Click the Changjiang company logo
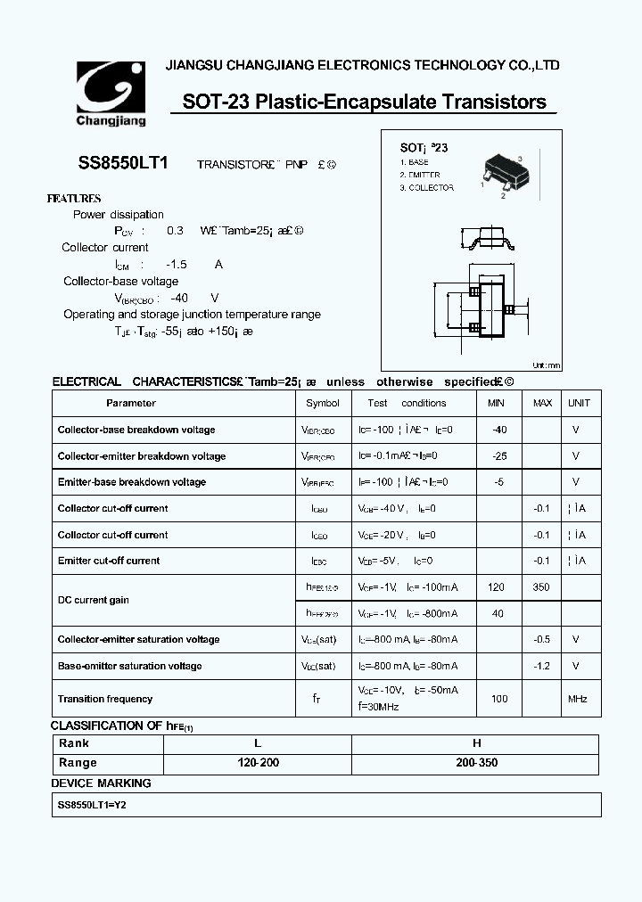[x=110, y=93]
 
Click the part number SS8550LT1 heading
[x=116, y=164]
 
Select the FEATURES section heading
[x=73, y=199]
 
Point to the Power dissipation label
[x=118, y=215]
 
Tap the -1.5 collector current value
[x=177, y=265]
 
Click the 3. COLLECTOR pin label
[x=426, y=188]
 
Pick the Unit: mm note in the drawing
[x=546, y=365]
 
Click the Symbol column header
[x=322, y=403]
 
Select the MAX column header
[x=542, y=403]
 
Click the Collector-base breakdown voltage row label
[x=136, y=430]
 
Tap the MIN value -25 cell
[x=498, y=455]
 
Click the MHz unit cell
[x=577, y=700]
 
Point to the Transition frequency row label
[x=105, y=700]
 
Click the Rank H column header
[x=476, y=743]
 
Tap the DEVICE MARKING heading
[x=101, y=783]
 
